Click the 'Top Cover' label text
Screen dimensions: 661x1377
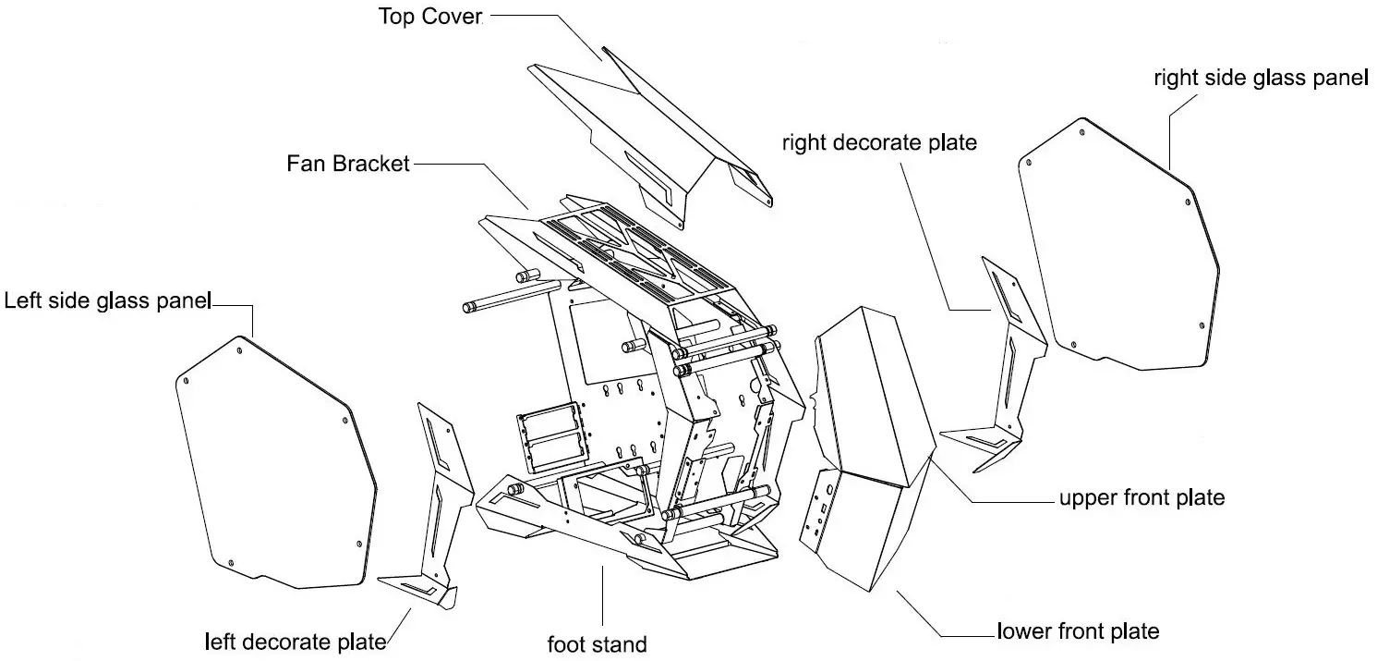point(430,18)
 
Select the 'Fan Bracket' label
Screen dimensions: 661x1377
point(347,165)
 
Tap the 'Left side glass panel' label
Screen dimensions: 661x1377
point(108,302)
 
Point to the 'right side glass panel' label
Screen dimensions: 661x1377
point(1260,79)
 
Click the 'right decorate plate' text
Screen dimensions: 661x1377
point(879,143)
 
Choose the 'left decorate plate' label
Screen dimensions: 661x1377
point(295,642)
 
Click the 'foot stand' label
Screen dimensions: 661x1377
point(598,643)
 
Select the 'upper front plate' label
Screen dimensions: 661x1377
point(1141,498)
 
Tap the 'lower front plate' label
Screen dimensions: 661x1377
point(1078,632)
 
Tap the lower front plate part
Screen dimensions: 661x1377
point(864,527)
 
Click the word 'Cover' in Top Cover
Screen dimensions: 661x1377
point(453,18)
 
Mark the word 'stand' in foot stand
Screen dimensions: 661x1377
point(621,643)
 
